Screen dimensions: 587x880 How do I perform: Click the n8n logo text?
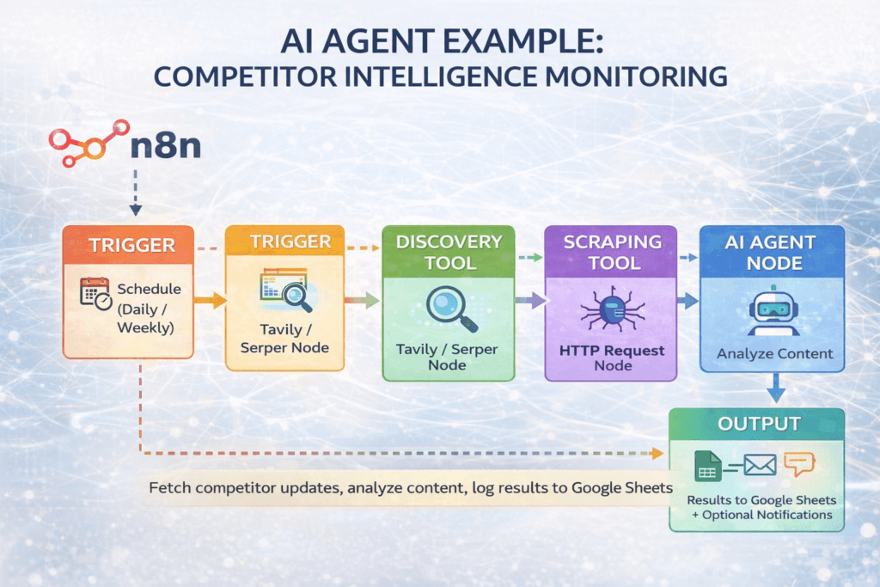[165, 145]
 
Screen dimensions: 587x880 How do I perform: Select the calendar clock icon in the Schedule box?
[95, 294]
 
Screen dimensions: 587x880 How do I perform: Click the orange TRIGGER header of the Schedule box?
[128, 246]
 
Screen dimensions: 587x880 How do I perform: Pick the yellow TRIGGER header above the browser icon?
[284, 242]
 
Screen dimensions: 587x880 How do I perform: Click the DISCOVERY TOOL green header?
[448, 250]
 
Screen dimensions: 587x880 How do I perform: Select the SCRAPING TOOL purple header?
[612, 250]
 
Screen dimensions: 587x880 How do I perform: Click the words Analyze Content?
[774, 353]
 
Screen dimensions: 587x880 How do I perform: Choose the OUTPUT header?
[756, 424]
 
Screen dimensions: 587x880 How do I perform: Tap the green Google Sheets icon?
[708, 467]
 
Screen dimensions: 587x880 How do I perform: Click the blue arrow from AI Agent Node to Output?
[775, 388]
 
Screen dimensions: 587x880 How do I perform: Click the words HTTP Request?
[611, 351]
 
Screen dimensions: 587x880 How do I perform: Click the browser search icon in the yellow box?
[287, 291]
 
